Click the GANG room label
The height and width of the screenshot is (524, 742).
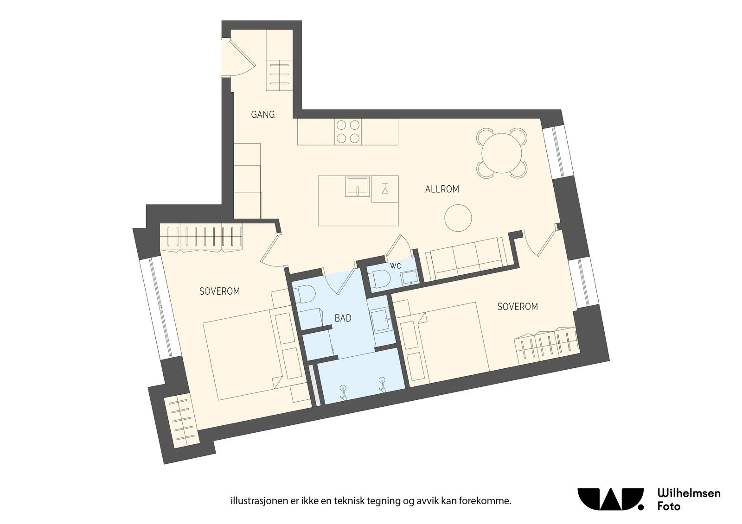pos(262,114)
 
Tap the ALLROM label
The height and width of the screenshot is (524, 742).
pos(442,189)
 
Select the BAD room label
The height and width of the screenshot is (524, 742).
pos(343,318)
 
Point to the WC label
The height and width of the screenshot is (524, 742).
pos(395,266)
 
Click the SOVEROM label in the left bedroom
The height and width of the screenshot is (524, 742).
pos(219,291)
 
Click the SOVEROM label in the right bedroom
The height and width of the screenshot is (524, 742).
pos(518,307)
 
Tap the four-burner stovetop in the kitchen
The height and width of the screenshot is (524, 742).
pos(348,131)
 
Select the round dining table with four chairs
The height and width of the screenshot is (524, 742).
pos(502,153)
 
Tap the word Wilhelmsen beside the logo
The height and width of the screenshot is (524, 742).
pos(689,493)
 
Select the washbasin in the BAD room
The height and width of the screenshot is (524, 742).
pos(381,319)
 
